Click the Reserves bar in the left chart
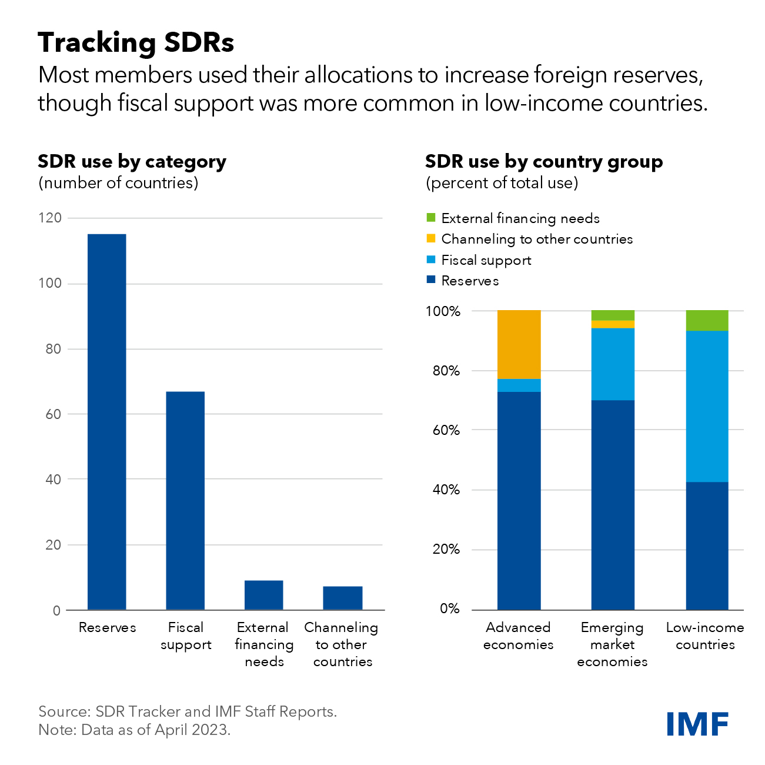coord(106,421)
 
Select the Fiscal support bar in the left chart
coord(185,500)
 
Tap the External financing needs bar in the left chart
coord(263,595)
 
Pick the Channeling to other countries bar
coord(342,598)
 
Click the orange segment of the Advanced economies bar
coord(519,344)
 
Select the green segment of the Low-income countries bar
coord(707,320)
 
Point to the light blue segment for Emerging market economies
coord(613,364)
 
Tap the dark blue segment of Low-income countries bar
coord(707,546)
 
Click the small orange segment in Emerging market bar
coord(613,324)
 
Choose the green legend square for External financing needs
coord(431,218)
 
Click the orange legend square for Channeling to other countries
coord(431,239)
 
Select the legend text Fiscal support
coord(486,260)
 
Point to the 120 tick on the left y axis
coord(50,218)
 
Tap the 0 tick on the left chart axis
coord(56,611)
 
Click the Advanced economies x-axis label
coord(518,636)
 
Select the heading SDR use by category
coord(132,161)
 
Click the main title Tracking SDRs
coord(136,42)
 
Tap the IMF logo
coord(697,724)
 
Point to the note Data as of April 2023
coord(135,730)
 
